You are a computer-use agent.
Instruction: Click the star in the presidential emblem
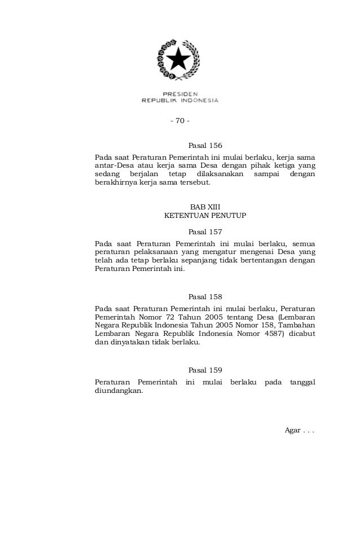point(179,59)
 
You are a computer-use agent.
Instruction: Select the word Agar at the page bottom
point(292,430)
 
